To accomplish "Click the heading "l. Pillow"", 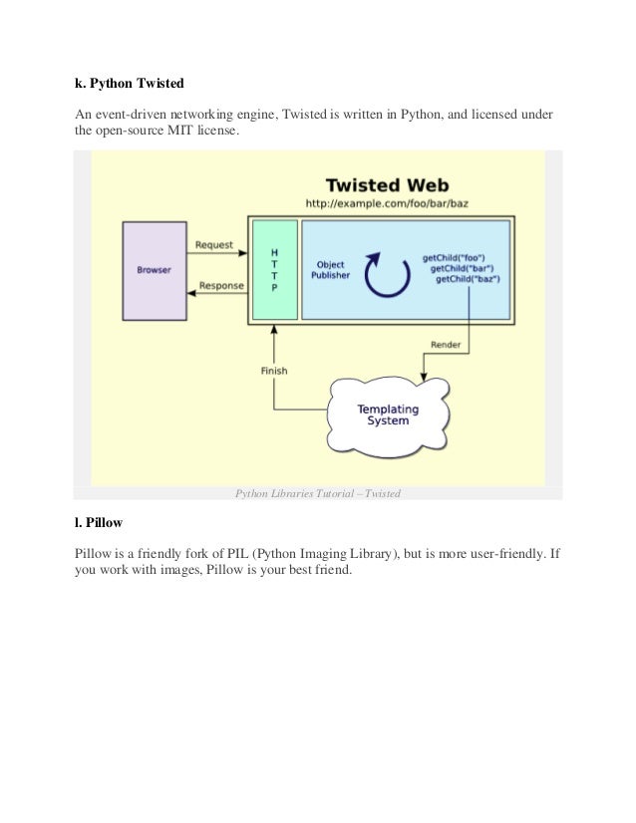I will [x=99, y=521].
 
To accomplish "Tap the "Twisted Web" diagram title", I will [x=388, y=184].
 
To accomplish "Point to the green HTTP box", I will [x=274, y=269].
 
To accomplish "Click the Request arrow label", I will [x=214, y=244].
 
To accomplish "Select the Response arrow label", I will [x=220, y=286].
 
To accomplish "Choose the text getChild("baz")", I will [x=467, y=280].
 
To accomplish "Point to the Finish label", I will [x=274, y=371].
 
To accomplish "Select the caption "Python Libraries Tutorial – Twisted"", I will [x=317, y=492].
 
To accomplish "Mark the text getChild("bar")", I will [x=463, y=268].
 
